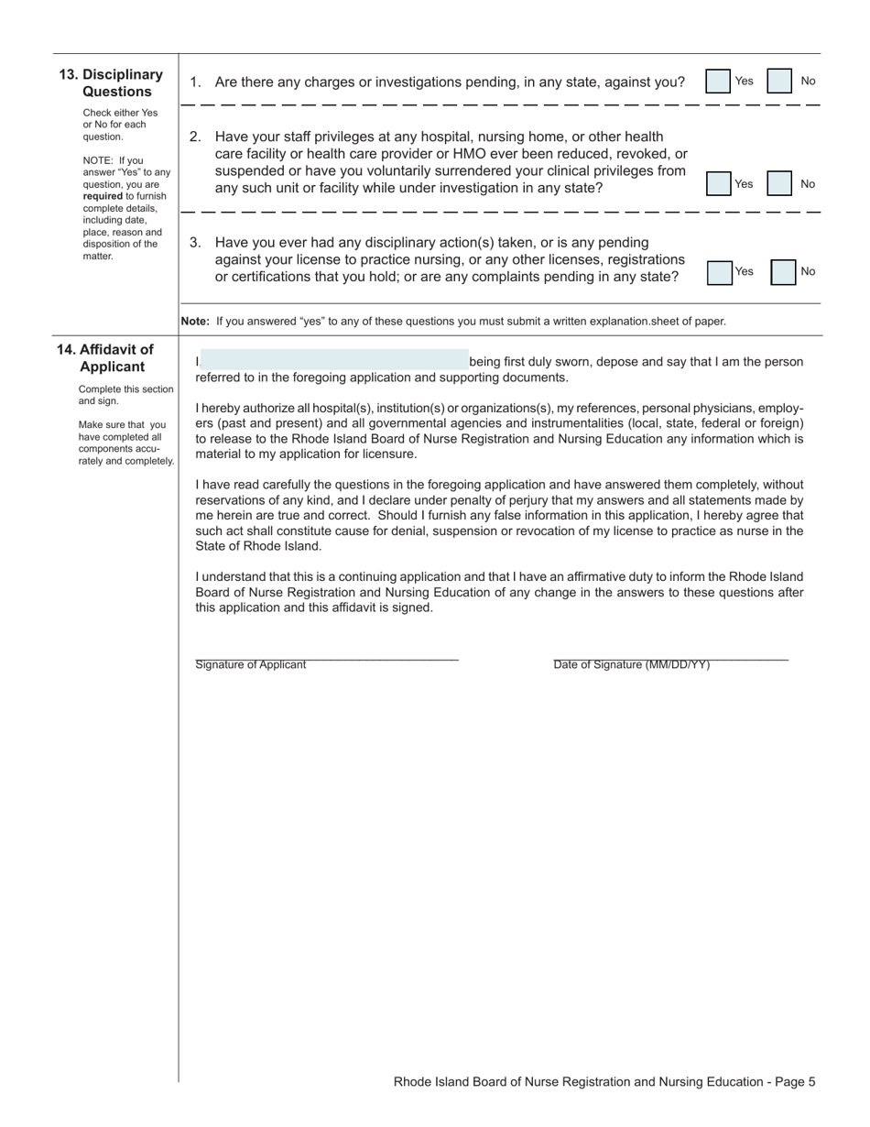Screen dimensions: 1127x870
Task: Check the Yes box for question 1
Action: click(x=719, y=82)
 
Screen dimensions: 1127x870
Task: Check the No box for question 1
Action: click(x=779, y=82)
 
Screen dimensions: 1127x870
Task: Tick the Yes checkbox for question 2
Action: click(x=719, y=184)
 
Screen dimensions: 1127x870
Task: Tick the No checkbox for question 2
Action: click(x=779, y=184)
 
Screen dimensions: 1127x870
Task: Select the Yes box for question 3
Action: click(x=720, y=272)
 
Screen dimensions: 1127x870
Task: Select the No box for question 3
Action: click(x=783, y=272)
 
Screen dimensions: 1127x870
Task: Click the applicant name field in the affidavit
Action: click(x=333, y=360)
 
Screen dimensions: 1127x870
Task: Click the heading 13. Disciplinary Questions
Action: click(x=116, y=83)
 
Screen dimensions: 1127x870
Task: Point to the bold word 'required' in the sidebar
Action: click(x=102, y=196)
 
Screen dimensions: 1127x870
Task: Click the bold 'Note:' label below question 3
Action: click(x=195, y=322)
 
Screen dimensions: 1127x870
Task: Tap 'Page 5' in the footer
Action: click(x=795, y=1082)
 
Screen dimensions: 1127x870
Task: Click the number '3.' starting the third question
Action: click(x=195, y=243)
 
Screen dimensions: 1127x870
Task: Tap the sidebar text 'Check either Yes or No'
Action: click(x=119, y=118)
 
